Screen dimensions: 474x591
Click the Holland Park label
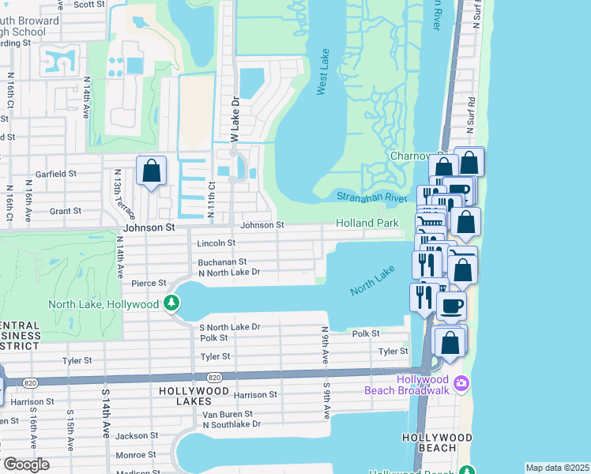pyautogui.click(x=367, y=224)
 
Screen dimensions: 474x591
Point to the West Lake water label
pyautogui.click(x=322, y=72)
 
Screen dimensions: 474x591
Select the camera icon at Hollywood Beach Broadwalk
pyautogui.click(x=462, y=385)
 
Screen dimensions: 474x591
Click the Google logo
pyautogui.click(x=25, y=465)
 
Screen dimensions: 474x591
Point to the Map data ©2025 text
pyautogui.click(x=556, y=468)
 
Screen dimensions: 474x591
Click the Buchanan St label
pyautogui.click(x=222, y=261)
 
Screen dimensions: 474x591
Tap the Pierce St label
pyautogui.click(x=149, y=283)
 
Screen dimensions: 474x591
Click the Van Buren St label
pyautogui.click(x=228, y=414)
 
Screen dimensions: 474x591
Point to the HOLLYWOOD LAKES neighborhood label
pyautogui.click(x=194, y=391)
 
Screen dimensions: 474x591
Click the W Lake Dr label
pyautogui.click(x=234, y=119)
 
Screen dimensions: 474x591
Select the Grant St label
pyautogui.click(x=66, y=211)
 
